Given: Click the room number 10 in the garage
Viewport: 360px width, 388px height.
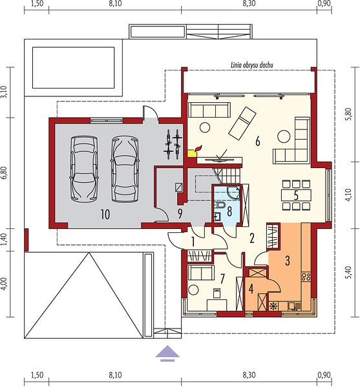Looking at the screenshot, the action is (x=105, y=214).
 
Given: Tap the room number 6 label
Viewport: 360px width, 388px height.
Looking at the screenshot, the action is (x=258, y=142).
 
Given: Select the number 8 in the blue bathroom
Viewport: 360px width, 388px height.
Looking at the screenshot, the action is (x=229, y=211).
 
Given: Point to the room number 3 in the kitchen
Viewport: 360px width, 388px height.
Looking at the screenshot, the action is (x=288, y=261).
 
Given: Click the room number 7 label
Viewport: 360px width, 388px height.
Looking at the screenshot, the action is (x=222, y=279).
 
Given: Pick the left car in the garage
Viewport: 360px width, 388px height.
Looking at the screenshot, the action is (x=84, y=168).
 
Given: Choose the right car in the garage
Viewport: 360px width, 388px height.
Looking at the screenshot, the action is (x=124, y=169).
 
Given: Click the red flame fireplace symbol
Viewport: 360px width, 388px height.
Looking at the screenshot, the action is (x=198, y=148).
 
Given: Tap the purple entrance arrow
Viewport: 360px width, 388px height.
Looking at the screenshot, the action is (x=167, y=353).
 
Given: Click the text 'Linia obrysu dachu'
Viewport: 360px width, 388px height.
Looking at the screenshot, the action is (x=252, y=65).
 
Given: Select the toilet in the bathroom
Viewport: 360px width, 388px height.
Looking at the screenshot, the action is (x=219, y=205).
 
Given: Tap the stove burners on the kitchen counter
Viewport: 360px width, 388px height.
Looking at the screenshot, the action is (x=306, y=276).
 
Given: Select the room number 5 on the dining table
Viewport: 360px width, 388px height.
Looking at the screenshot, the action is (x=296, y=195).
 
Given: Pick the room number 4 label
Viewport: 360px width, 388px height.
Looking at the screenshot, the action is (x=251, y=289).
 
